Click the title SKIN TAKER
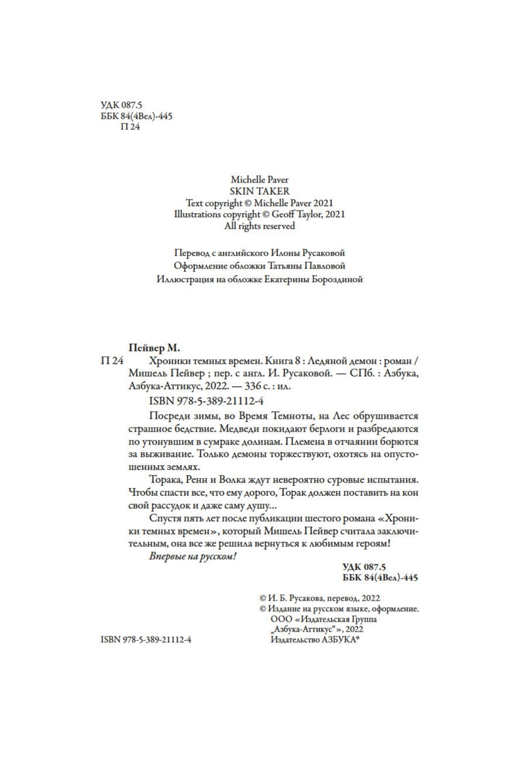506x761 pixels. tap(259, 191)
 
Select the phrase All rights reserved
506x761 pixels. tap(259, 226)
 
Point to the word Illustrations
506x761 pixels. tap(197, 214)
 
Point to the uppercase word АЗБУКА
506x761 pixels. tap(339, 640)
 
